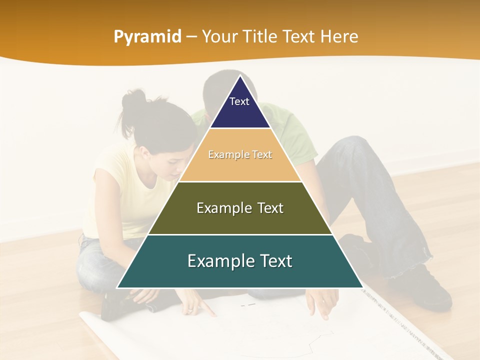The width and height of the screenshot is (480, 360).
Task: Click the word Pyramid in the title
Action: point(147,37)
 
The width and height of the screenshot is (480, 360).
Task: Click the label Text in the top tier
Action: point(239,101)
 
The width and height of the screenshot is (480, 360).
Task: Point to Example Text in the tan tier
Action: point(240,155)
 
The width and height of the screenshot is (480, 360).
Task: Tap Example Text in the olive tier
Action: point(240,208)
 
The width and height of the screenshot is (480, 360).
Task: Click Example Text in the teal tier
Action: point(240,261)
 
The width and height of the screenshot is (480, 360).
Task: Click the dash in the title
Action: point(191,37)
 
